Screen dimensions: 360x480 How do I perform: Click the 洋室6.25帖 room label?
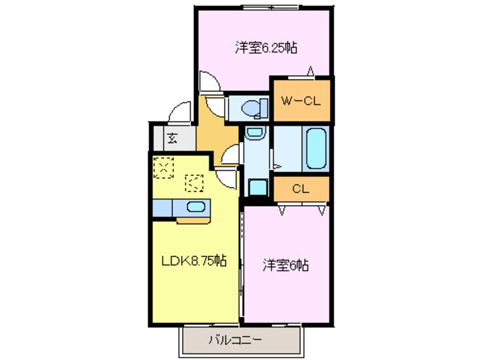coord(266,48)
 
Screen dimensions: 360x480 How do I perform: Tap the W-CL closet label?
coord(301,102)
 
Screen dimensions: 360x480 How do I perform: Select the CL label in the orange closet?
coord(300,189)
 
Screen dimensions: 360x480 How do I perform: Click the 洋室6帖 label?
coord(285,265)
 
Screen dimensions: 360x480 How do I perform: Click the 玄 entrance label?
coord(171,137)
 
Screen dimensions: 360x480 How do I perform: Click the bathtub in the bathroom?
coord(316,148)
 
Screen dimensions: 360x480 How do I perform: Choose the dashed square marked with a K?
coord(195,183)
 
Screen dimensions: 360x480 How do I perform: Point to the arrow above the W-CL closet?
coord(310,72)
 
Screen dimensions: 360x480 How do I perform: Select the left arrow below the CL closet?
coord(282,211)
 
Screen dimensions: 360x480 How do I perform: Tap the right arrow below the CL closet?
coord(322,211)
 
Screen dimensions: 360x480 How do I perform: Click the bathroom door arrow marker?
coord(278,166)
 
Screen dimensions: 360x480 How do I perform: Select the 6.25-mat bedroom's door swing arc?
coord(209,82)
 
